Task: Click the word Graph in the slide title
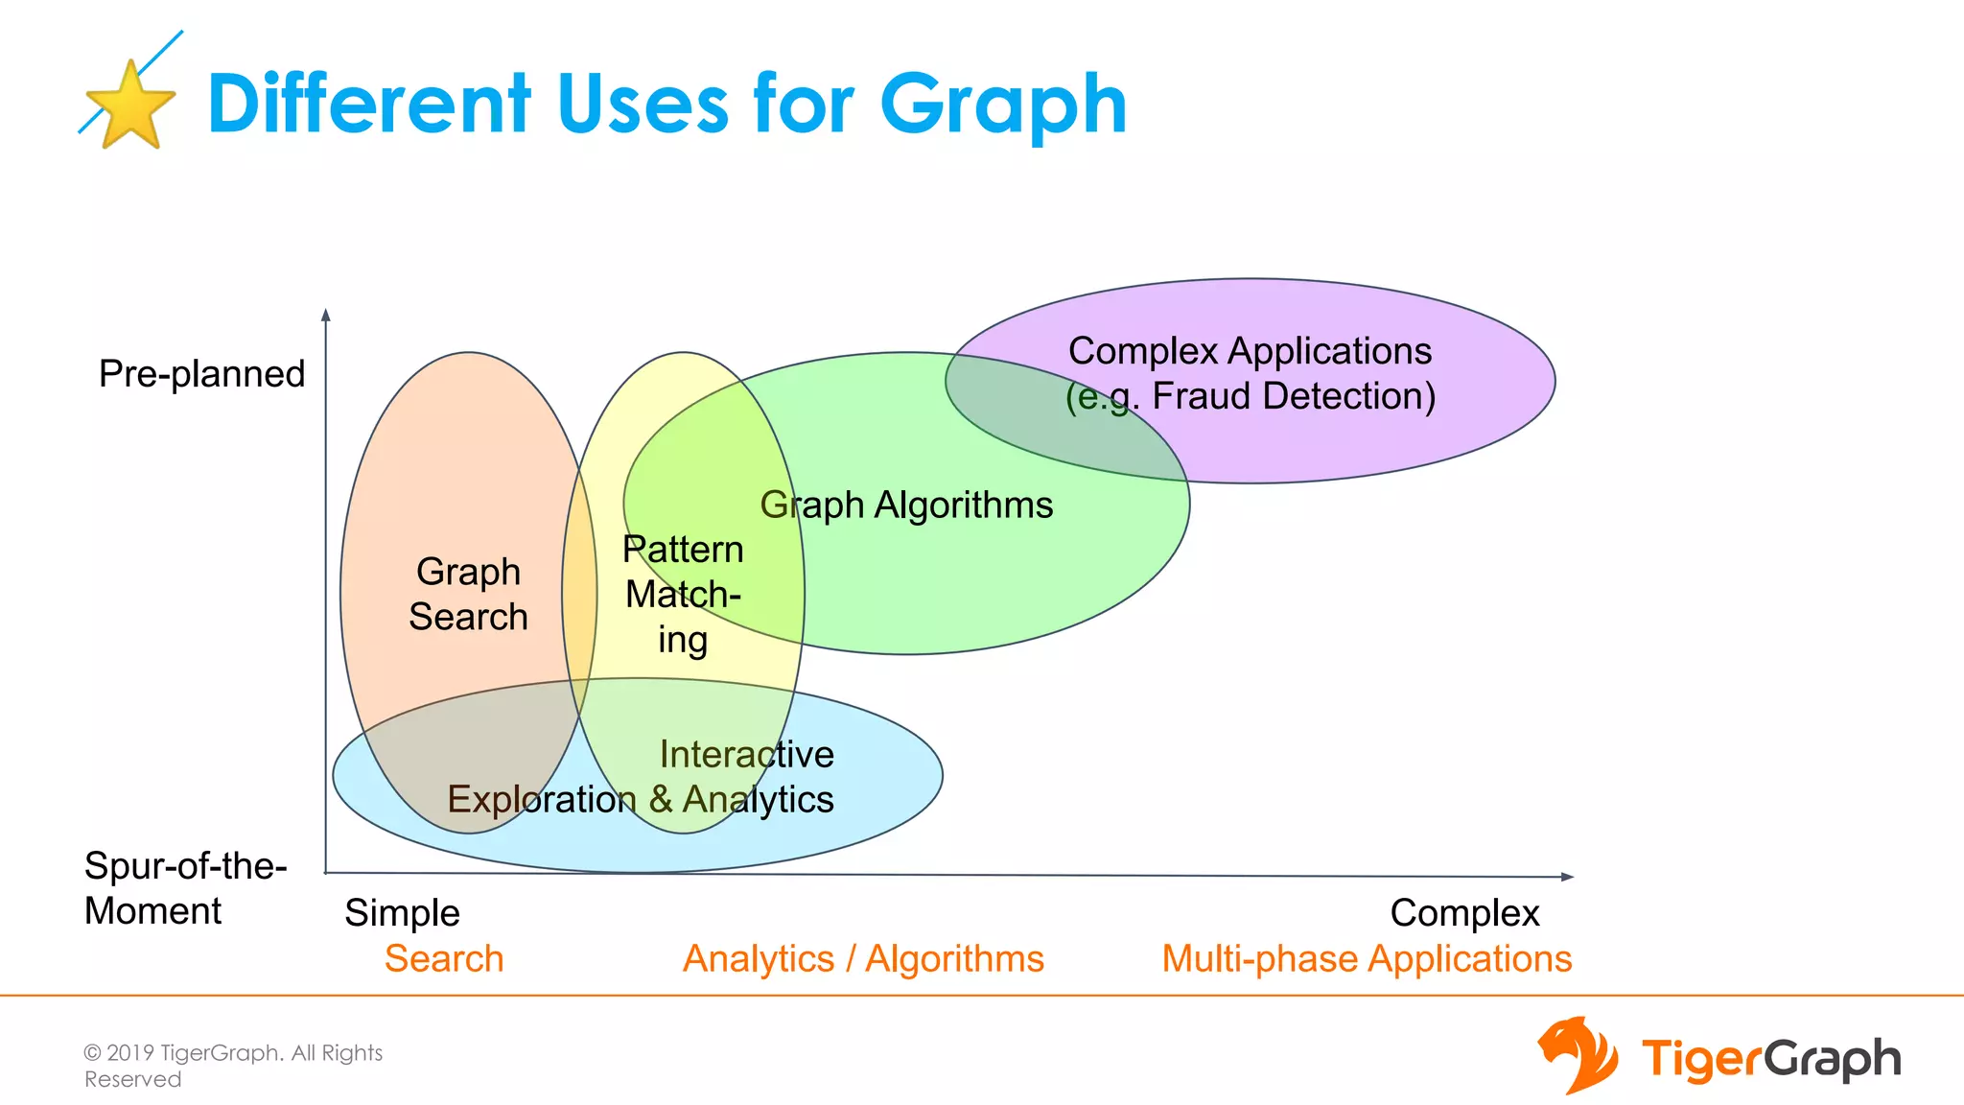click(1003, 106)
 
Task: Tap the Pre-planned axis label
click(201, 374)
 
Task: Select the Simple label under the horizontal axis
click(402, 913)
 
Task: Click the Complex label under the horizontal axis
click(1464, 913)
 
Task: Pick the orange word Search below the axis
click(444, 959)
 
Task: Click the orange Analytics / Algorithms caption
click(863, 959)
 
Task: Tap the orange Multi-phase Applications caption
click(1367, 959)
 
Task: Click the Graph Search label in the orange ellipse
click(468, 594)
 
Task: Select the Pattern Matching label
click(683, 595)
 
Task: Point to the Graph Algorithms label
click(906, 505)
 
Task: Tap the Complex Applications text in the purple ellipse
click(1250, 351)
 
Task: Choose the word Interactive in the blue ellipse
click(746, 755)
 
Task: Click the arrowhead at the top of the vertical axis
click(326, 315)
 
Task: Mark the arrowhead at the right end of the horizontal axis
click(1567, 877)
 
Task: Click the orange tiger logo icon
click(1577, 1055)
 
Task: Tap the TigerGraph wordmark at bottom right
click(1770, 1060)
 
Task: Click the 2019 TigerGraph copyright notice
click(233, 1066)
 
